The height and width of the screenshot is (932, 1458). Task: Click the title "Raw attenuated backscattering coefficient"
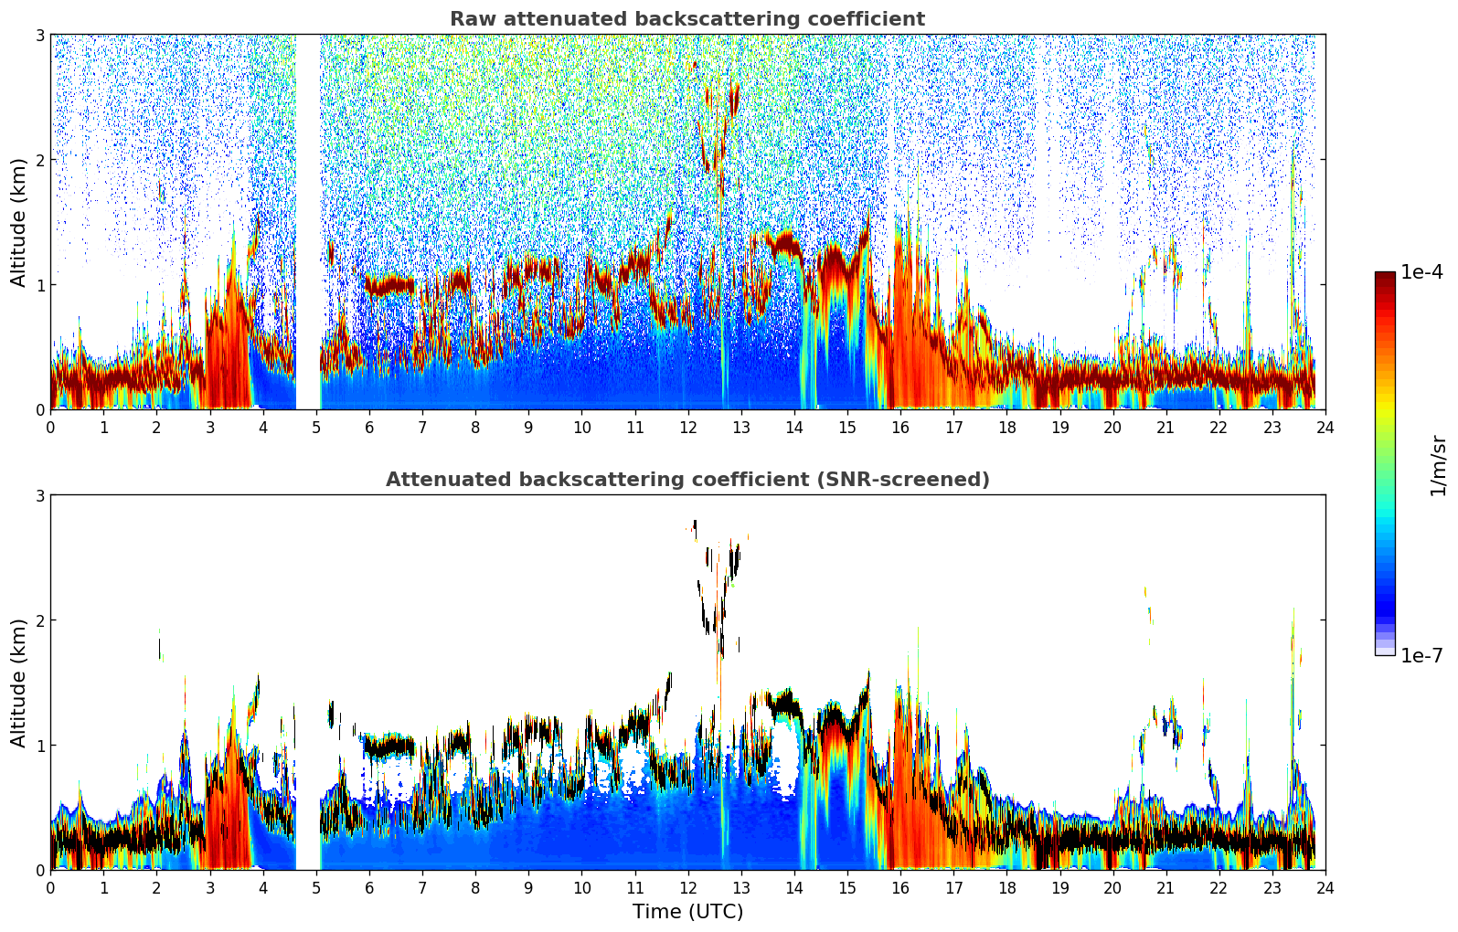pyautogui.click(x=686, y=19)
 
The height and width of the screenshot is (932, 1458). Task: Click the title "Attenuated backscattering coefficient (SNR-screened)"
pyautogui.click(x=686, y=480)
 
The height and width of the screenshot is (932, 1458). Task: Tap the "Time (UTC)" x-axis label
pyautogui.click(x=687, y=912)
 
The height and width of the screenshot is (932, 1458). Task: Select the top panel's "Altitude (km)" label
pyautogui.click(x=19, y=222)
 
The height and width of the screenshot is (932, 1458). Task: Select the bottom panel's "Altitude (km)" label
pyautogui.click(x=19, y=683)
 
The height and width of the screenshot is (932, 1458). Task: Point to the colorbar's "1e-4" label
pyautogui.click(x=1421, y=272)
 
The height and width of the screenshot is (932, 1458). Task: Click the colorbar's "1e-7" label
pyautogui.click(x=1421, y=655)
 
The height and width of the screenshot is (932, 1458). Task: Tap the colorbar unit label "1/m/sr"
pyautogui.click(x=1438, y=465)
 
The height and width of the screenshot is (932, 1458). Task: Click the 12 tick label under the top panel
pyautogui.click(x=687, y=428)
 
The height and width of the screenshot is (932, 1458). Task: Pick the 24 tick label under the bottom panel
pyautogui.click(x=1325, y=888)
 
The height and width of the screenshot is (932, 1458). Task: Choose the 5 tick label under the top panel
pyautogui.click(x=316, y=428)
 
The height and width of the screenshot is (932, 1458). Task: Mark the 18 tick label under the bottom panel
pyautogui.click(x=1006, y=888)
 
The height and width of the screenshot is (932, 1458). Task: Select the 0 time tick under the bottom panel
pyautogui.click(x=50, y=888)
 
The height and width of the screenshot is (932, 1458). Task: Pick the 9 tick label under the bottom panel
pyautogui.click(x=528, y=888)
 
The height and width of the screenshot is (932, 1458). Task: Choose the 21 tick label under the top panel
pyautogui.click(x=1165, y=428)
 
